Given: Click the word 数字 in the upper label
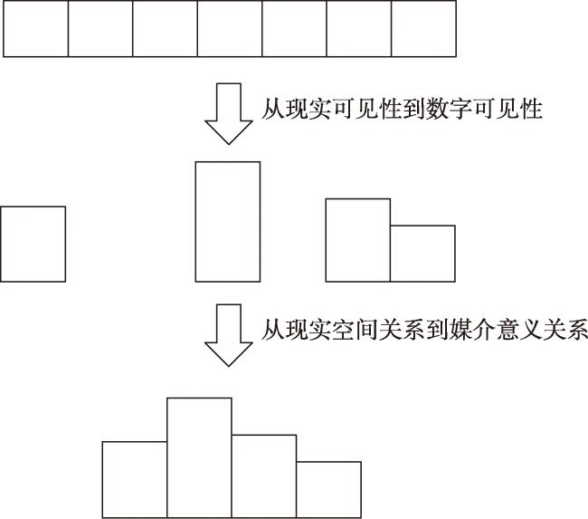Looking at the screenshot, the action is coord(449,110).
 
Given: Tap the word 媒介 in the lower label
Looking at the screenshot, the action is coord(472,330).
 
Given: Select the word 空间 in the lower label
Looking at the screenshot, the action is coord(356,330).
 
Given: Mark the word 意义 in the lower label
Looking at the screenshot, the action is coord(519,330).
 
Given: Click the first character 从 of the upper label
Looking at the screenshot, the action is coord(273,110).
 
